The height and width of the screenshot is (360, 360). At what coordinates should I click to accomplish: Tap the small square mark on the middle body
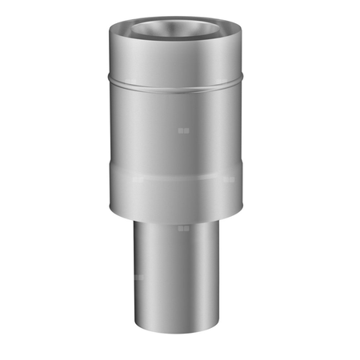click(x=183, y=129)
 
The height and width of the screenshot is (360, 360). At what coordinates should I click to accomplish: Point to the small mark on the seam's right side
click(x=229, y=179)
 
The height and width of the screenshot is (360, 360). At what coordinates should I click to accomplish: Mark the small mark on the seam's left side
click(x=138, y=179)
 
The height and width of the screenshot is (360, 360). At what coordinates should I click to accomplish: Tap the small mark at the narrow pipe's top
click(x=183, y=228)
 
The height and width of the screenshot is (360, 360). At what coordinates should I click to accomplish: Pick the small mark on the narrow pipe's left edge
click(x=138, y=278)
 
